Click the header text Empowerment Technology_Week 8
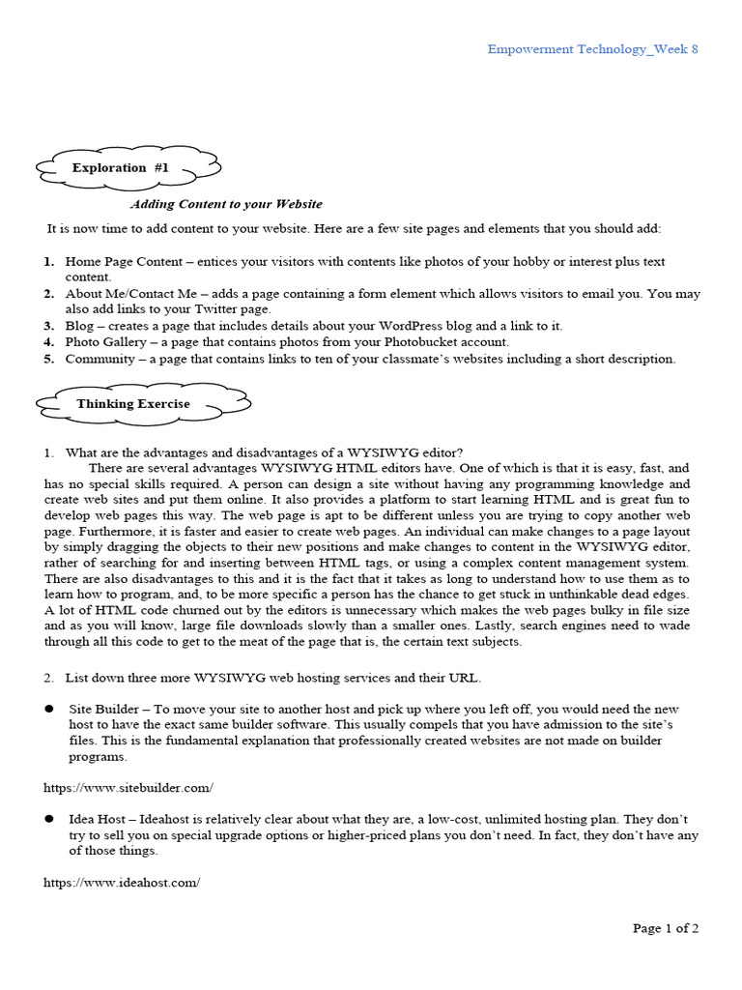tap(592, 50)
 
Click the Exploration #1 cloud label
tap(121, 168)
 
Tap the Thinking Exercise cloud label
tap(133, 404)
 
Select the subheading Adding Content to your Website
tap(226, 205)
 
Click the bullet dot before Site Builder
tap(48, 709)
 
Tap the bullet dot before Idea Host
tap(48, 819)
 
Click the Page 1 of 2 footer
tap(666, 929)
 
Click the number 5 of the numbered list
tap(48, 359)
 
